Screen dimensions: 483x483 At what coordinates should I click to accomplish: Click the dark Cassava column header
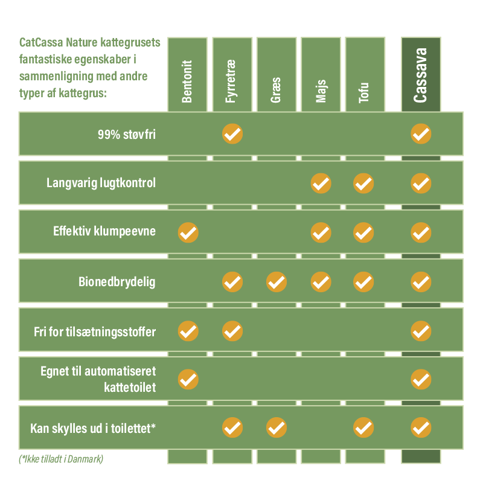(420, 75)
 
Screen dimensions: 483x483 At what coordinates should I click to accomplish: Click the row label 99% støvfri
(127, 135)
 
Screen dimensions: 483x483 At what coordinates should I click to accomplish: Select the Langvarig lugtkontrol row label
(101, 183)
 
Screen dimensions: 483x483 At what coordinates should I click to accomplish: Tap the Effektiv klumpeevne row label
(104, 231)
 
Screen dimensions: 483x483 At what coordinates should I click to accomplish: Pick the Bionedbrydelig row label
(117, 282)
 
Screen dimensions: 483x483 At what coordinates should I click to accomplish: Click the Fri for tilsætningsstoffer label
(95, 331)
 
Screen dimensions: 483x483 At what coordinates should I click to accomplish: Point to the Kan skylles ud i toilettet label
(93, 428)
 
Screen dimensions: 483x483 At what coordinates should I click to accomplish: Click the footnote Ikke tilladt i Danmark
(61, 459)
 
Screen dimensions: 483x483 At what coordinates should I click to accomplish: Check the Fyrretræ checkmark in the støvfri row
(232, 134)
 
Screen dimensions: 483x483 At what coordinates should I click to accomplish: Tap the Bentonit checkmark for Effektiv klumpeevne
(188, 232)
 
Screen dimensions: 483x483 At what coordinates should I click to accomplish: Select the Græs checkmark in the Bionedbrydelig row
(277, 282)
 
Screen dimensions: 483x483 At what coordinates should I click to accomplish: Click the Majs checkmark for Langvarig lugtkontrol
(321, 184)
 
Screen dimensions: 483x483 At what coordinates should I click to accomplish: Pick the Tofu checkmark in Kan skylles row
(363, 427)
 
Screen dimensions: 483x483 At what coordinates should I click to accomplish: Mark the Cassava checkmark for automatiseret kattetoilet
(421, 379)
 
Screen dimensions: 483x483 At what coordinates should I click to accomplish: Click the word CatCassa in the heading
(41, 42)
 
